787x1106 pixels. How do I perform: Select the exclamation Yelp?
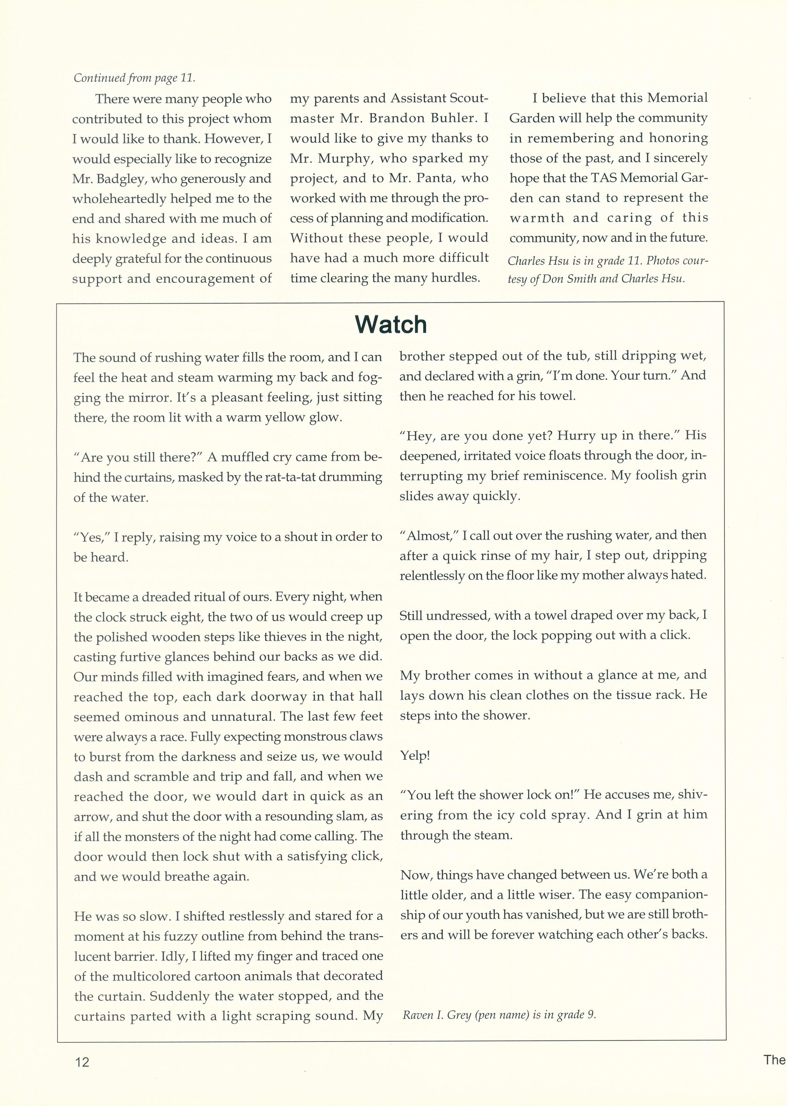415,756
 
